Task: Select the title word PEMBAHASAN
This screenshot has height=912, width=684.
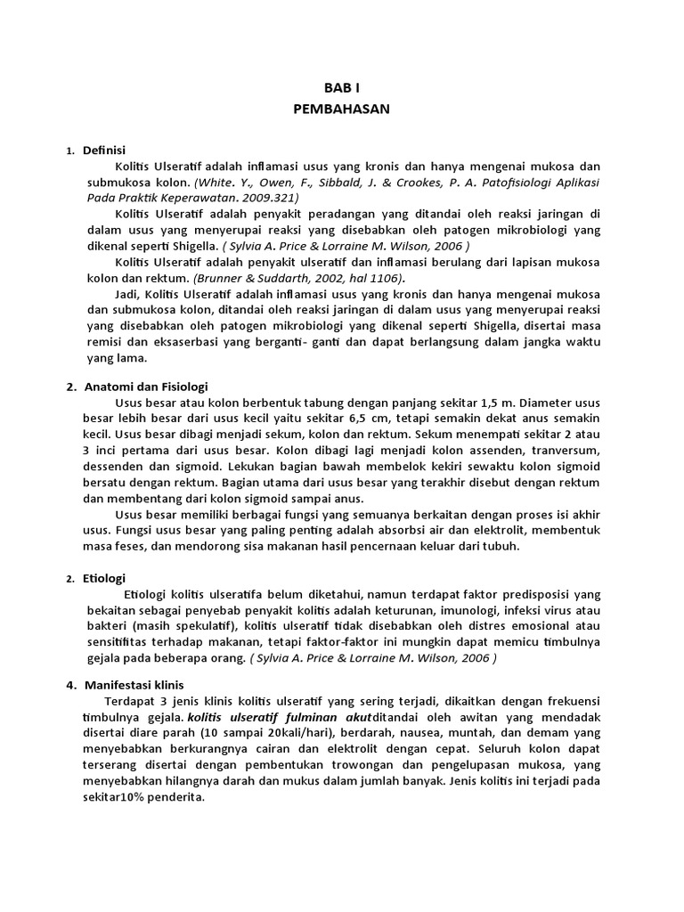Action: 341,109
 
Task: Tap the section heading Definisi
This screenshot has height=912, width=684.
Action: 104,151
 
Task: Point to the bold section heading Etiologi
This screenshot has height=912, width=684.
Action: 104,578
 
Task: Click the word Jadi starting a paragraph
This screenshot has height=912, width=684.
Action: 128,293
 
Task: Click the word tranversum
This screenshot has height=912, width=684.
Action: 558,451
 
